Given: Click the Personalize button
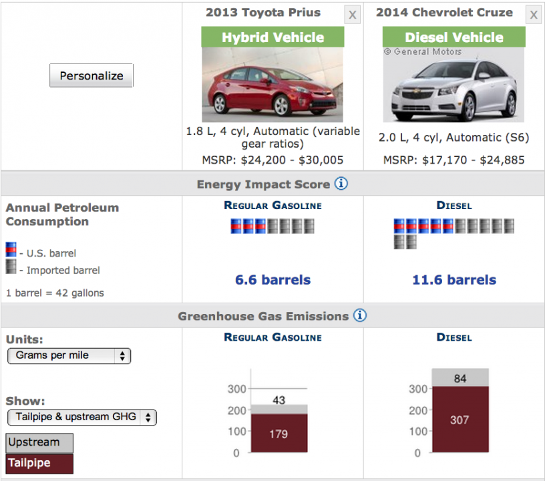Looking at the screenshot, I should pos(92,75).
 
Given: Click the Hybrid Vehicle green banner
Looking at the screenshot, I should pos(272,37).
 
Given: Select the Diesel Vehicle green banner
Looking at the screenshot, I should pos(454,37).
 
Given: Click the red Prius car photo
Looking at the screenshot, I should pos(272,85).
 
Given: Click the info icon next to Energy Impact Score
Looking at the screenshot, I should pos(341,184).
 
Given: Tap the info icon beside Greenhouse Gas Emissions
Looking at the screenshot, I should pos(359,315).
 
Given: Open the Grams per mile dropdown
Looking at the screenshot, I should pos(69,355).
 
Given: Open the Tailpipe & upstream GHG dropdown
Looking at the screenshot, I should pos(82,417).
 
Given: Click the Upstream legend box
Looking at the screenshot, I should pos(39,442).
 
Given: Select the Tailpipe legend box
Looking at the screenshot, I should pos(39,462).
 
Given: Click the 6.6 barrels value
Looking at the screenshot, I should pos(272,280).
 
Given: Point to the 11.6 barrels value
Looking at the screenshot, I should pos(454,280).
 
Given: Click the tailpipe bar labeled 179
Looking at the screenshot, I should pos(279,434).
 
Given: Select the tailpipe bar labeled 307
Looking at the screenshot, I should pos(460,420).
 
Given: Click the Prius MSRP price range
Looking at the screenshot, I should pos(272,160).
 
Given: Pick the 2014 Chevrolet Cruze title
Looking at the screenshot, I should pos(444,13).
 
